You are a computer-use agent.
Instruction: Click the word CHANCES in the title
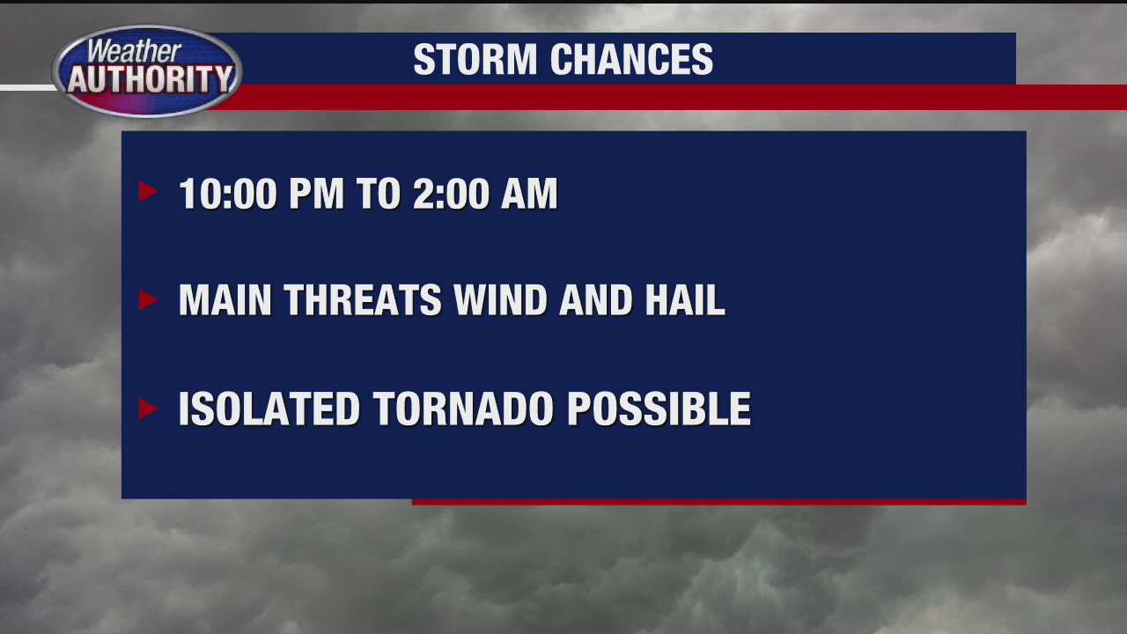point(631,60)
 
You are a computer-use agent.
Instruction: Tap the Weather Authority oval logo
point(147,71)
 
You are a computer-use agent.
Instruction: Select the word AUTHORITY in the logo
point(149,80)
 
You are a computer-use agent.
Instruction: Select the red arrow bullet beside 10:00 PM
point(148,191)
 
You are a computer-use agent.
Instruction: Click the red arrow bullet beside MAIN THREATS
point(148,300)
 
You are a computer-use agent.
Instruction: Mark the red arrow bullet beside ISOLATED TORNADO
point(148,409)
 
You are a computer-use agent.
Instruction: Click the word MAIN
point(225,301)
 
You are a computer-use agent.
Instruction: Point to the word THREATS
point(362,301)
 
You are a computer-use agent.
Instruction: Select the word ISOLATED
point(269,409)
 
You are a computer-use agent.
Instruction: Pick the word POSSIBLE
point(659,409)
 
